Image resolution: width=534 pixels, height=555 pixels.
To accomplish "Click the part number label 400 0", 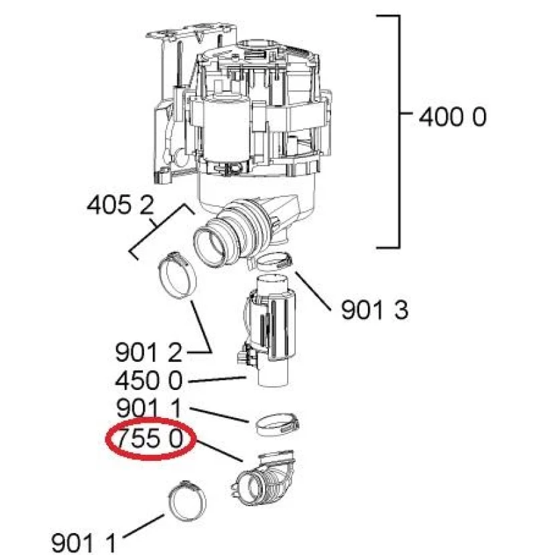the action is (x=453, y=117).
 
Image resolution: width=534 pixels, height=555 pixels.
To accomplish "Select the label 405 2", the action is (x=121, y=205).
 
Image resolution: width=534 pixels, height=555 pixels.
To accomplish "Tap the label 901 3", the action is (x=374, y=310).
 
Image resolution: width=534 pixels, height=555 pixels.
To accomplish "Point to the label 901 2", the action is (x=149, y=353).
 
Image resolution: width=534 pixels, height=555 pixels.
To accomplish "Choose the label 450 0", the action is (x=149, y=381).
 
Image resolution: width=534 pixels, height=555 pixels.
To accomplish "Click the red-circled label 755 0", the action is (x=150, y=439).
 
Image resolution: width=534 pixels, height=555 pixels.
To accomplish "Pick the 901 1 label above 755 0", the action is (x=149, y=408).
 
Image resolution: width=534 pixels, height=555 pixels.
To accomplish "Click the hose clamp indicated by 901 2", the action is (x=176, y=275).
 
